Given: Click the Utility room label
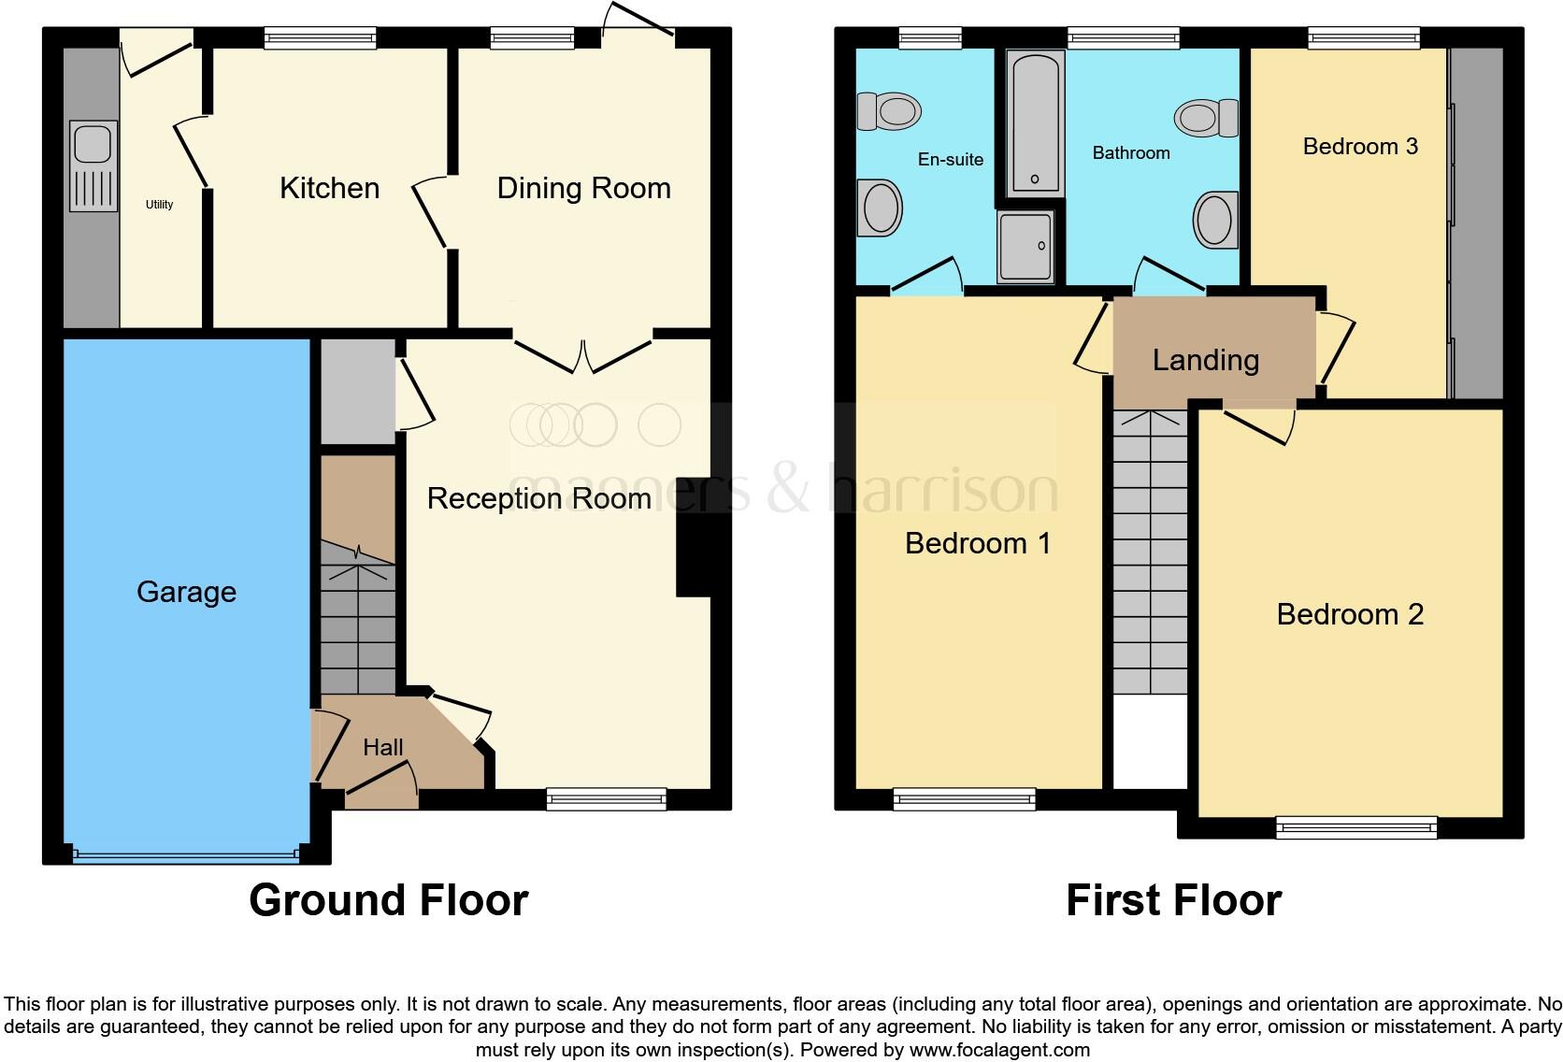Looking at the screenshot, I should pyautogui.click(x=159, y=204).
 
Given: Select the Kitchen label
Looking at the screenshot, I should pyautogui.click(x=329, y=188).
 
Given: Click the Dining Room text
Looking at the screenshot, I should pyautogui.click(x=583, y=188).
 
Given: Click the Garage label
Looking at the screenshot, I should pyautogui.click(x=186, y=591).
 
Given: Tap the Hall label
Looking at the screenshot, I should pyautogui.click(x=382, y=747).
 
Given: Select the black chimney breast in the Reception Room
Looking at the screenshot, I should pyautogui.click(x=693, y=558).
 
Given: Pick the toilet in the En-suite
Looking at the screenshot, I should pyautogui.click(x=889, y=111).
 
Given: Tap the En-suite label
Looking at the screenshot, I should pyautogui.click(x=950, y=160).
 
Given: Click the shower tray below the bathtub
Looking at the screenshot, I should pyautogui.click(x=1025, y=246).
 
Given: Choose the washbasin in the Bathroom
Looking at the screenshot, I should pyautogui.click(x=1215, y=221).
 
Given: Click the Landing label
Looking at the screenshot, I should pyautogui.click(x=1205, y=360).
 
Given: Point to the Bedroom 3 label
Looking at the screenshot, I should pyautogui.click(x=1359, y=146).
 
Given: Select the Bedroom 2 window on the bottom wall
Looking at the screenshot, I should pyautogui.click(x=1355, y=825).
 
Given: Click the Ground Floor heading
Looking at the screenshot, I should pyautogui.click(x=388, y=899).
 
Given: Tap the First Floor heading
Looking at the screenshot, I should pyautogui.click(x=1173, y=899).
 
